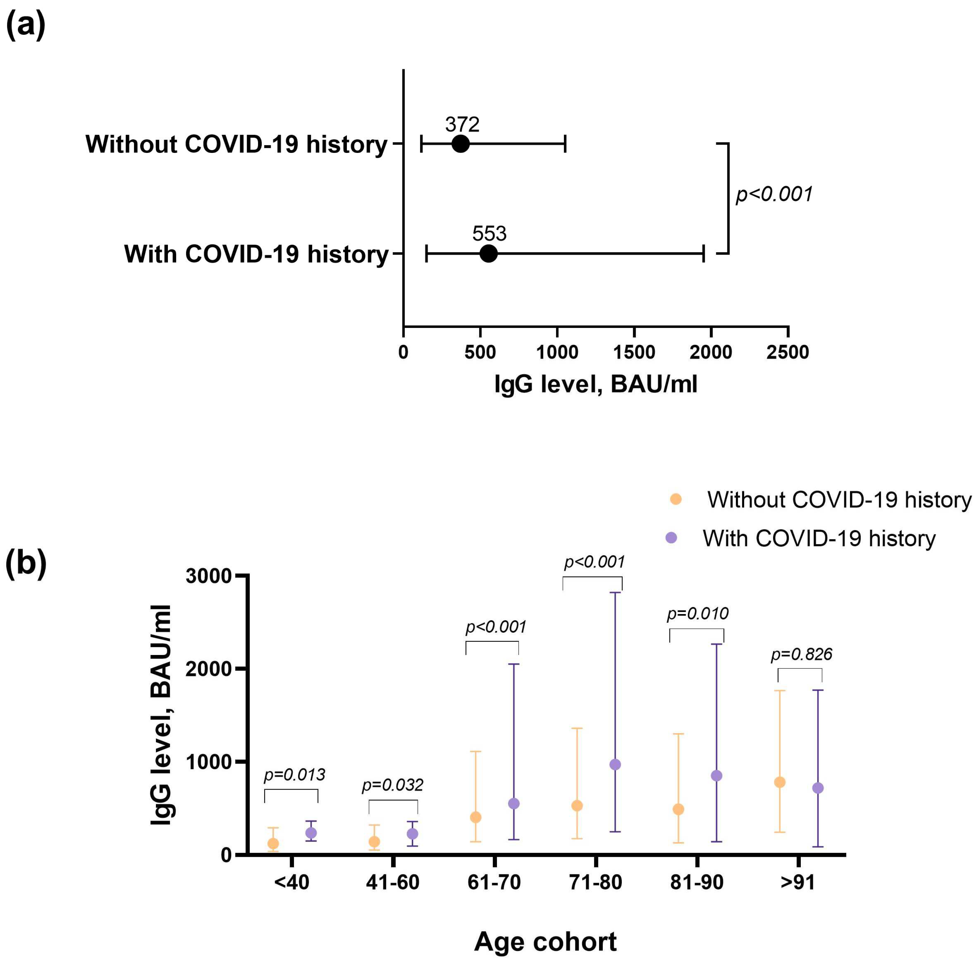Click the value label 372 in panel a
pyautogui.click(x=462, y=124)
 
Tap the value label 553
pyautogui.click(x=489, y=233)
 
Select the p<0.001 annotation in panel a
pyautogui.click(x=774, y=194)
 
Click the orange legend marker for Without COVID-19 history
pyautogui.click(x=676, y=499)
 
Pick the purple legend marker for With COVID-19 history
pyautogui.click(x=672, y=537)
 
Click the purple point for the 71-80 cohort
pyautogui.click(x=615, y=764)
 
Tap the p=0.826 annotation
pyautogui.click(x=801, y=654)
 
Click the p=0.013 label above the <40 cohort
pyautogui.click(x=294, y=775)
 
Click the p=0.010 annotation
pyautogui.click(x=697, y=614)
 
